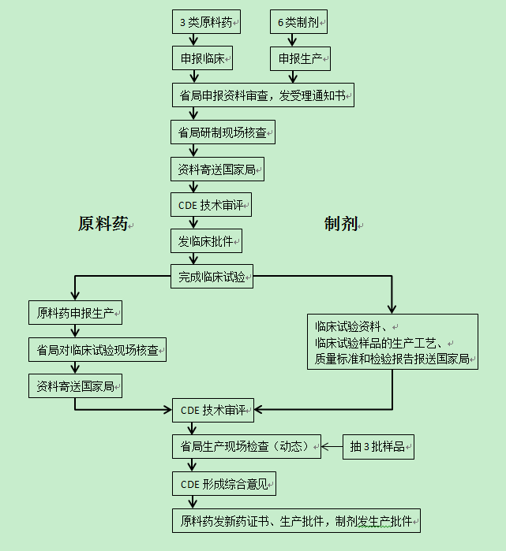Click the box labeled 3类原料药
pos(206,22)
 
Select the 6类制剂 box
pos(298,22)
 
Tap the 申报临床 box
pos(206,58)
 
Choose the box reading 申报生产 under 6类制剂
pos(300,58)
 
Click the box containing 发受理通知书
pos(262,95)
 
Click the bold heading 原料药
pos(103,224)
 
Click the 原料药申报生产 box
pos(75,313)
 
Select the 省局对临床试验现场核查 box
pos(97,349)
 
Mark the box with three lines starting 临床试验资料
pos(392,342)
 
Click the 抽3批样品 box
pos(378,447)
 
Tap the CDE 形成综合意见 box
pos(224,484)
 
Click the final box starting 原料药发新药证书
pos(296,521)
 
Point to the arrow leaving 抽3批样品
pos(332,447)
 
